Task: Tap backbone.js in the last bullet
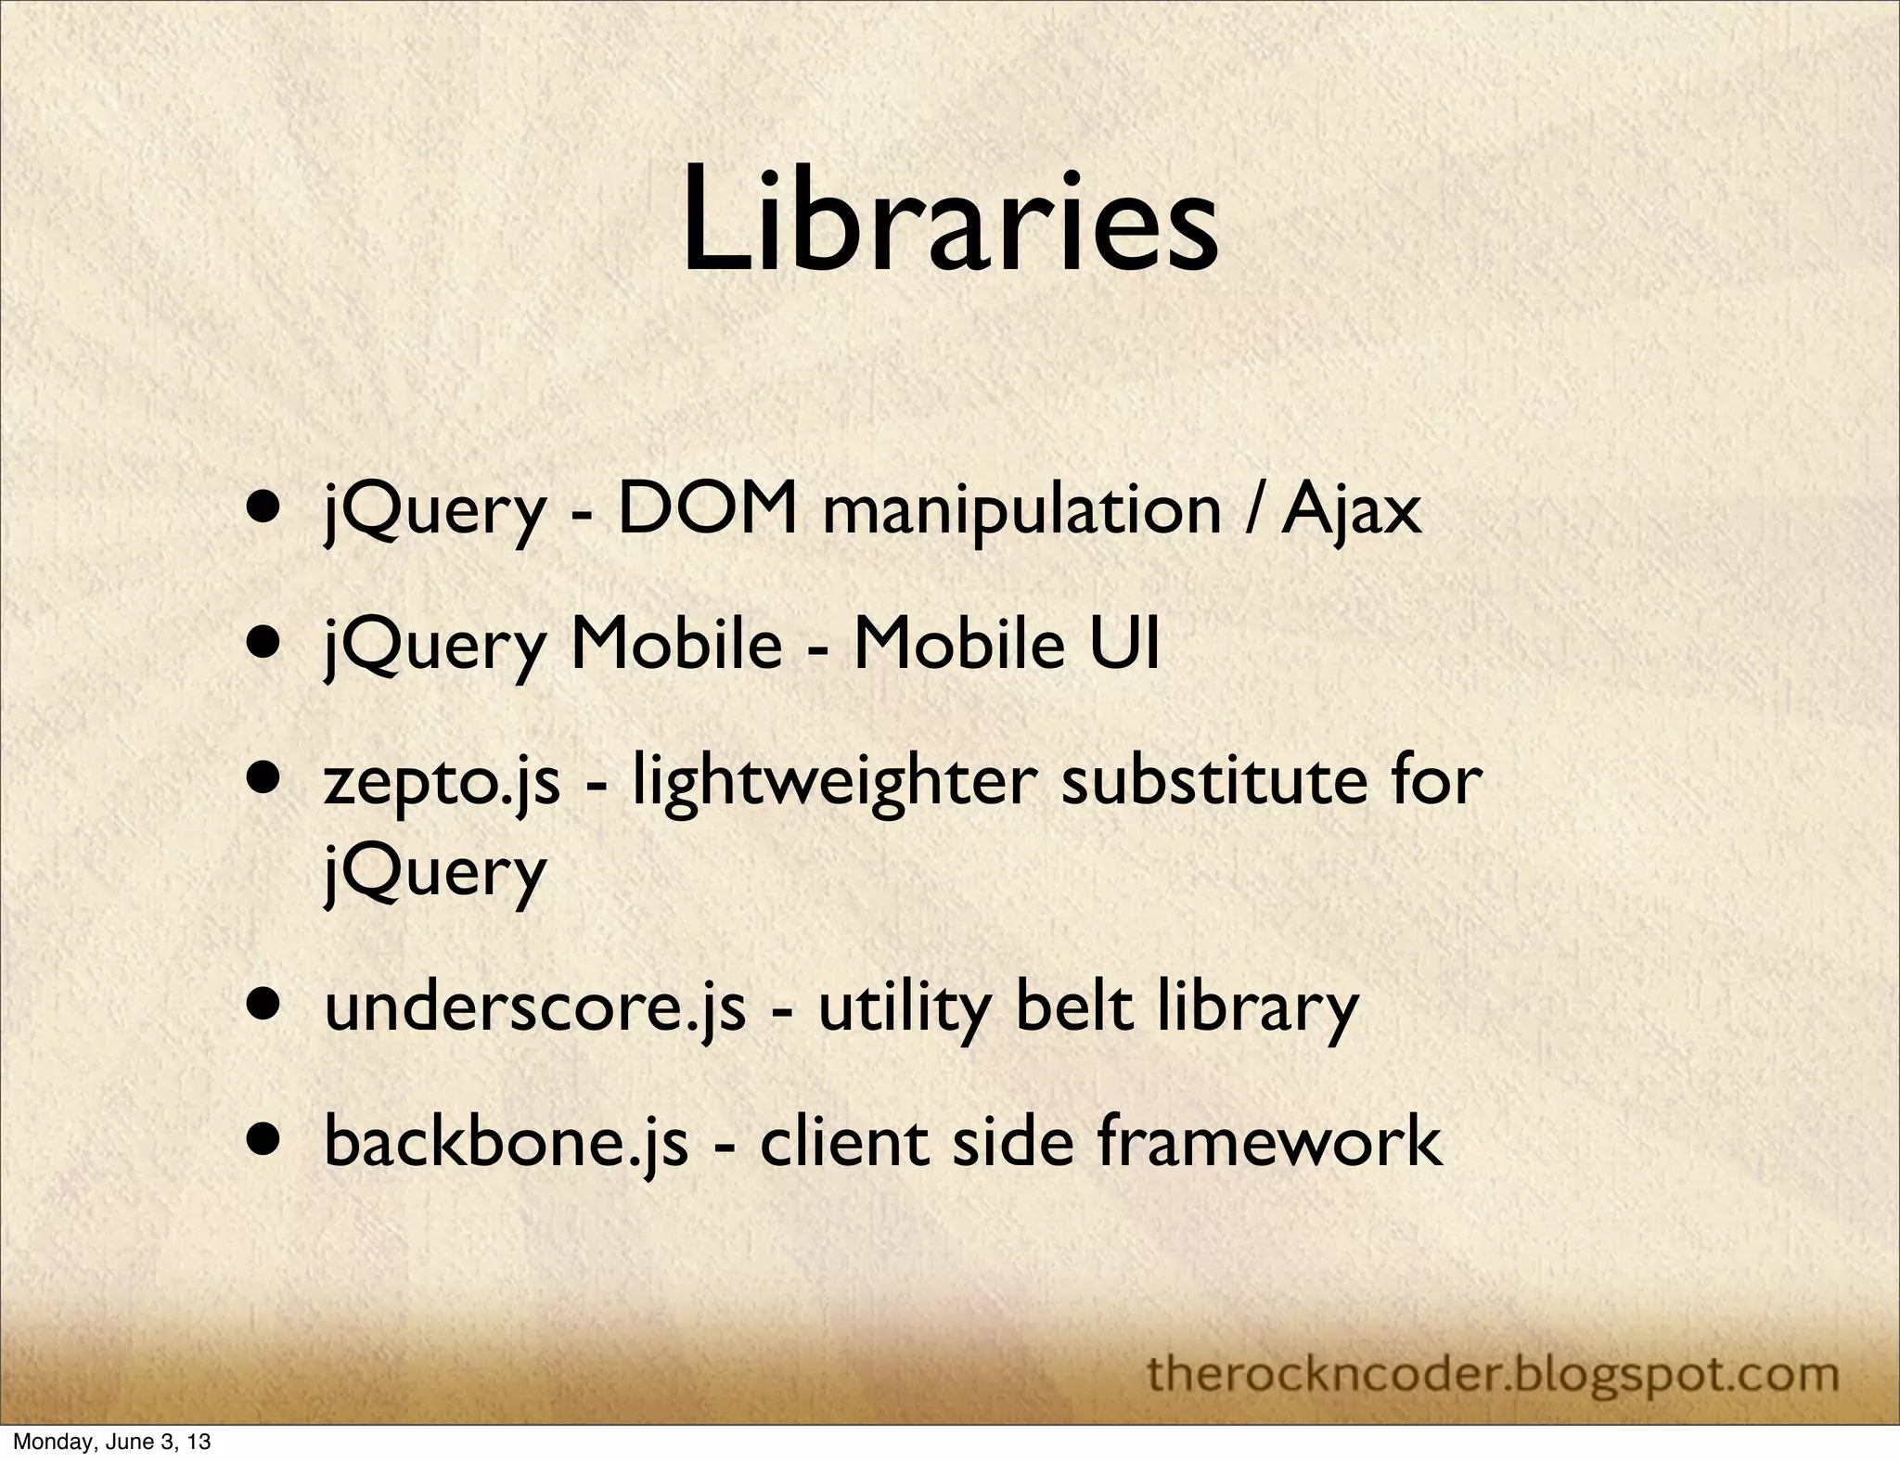tap(506, 1142)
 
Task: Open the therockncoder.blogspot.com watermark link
tap(1493, 1372)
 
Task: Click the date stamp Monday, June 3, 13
tap(111, 1443)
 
